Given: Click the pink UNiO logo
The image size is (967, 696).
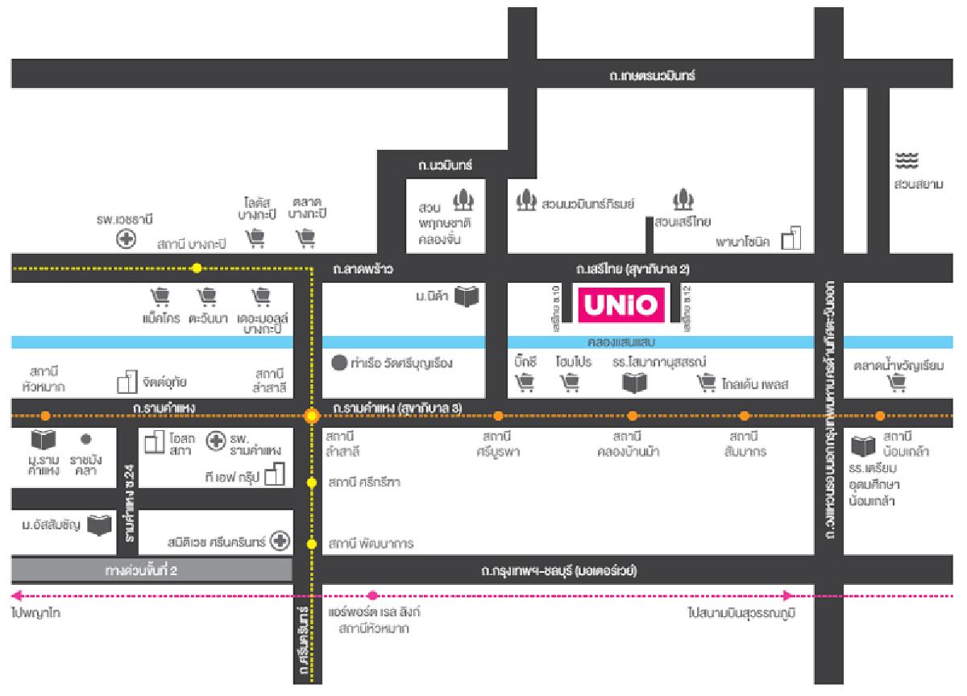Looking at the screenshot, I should pyautogui.click(x=620, y=306).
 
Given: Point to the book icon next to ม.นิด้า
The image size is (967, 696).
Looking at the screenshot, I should pyautogui.click(x=467, y=297).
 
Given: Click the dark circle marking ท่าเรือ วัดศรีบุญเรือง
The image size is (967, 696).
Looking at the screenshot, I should pyautogui.click(x=339, y=362).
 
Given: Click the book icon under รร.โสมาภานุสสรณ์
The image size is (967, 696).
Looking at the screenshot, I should pyautogui.click(x=634, y=382).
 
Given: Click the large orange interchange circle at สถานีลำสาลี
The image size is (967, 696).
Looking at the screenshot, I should pyautogui.click(x=312, y=416).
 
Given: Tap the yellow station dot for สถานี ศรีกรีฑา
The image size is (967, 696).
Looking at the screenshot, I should pyautogui.click(x=312, y=483).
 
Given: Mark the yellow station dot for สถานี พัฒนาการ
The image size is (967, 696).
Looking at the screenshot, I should pyautogui.click(x=312, y=545).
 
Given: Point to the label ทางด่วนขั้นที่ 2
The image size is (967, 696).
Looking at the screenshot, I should pyautogui.click(x=141, y=571).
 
